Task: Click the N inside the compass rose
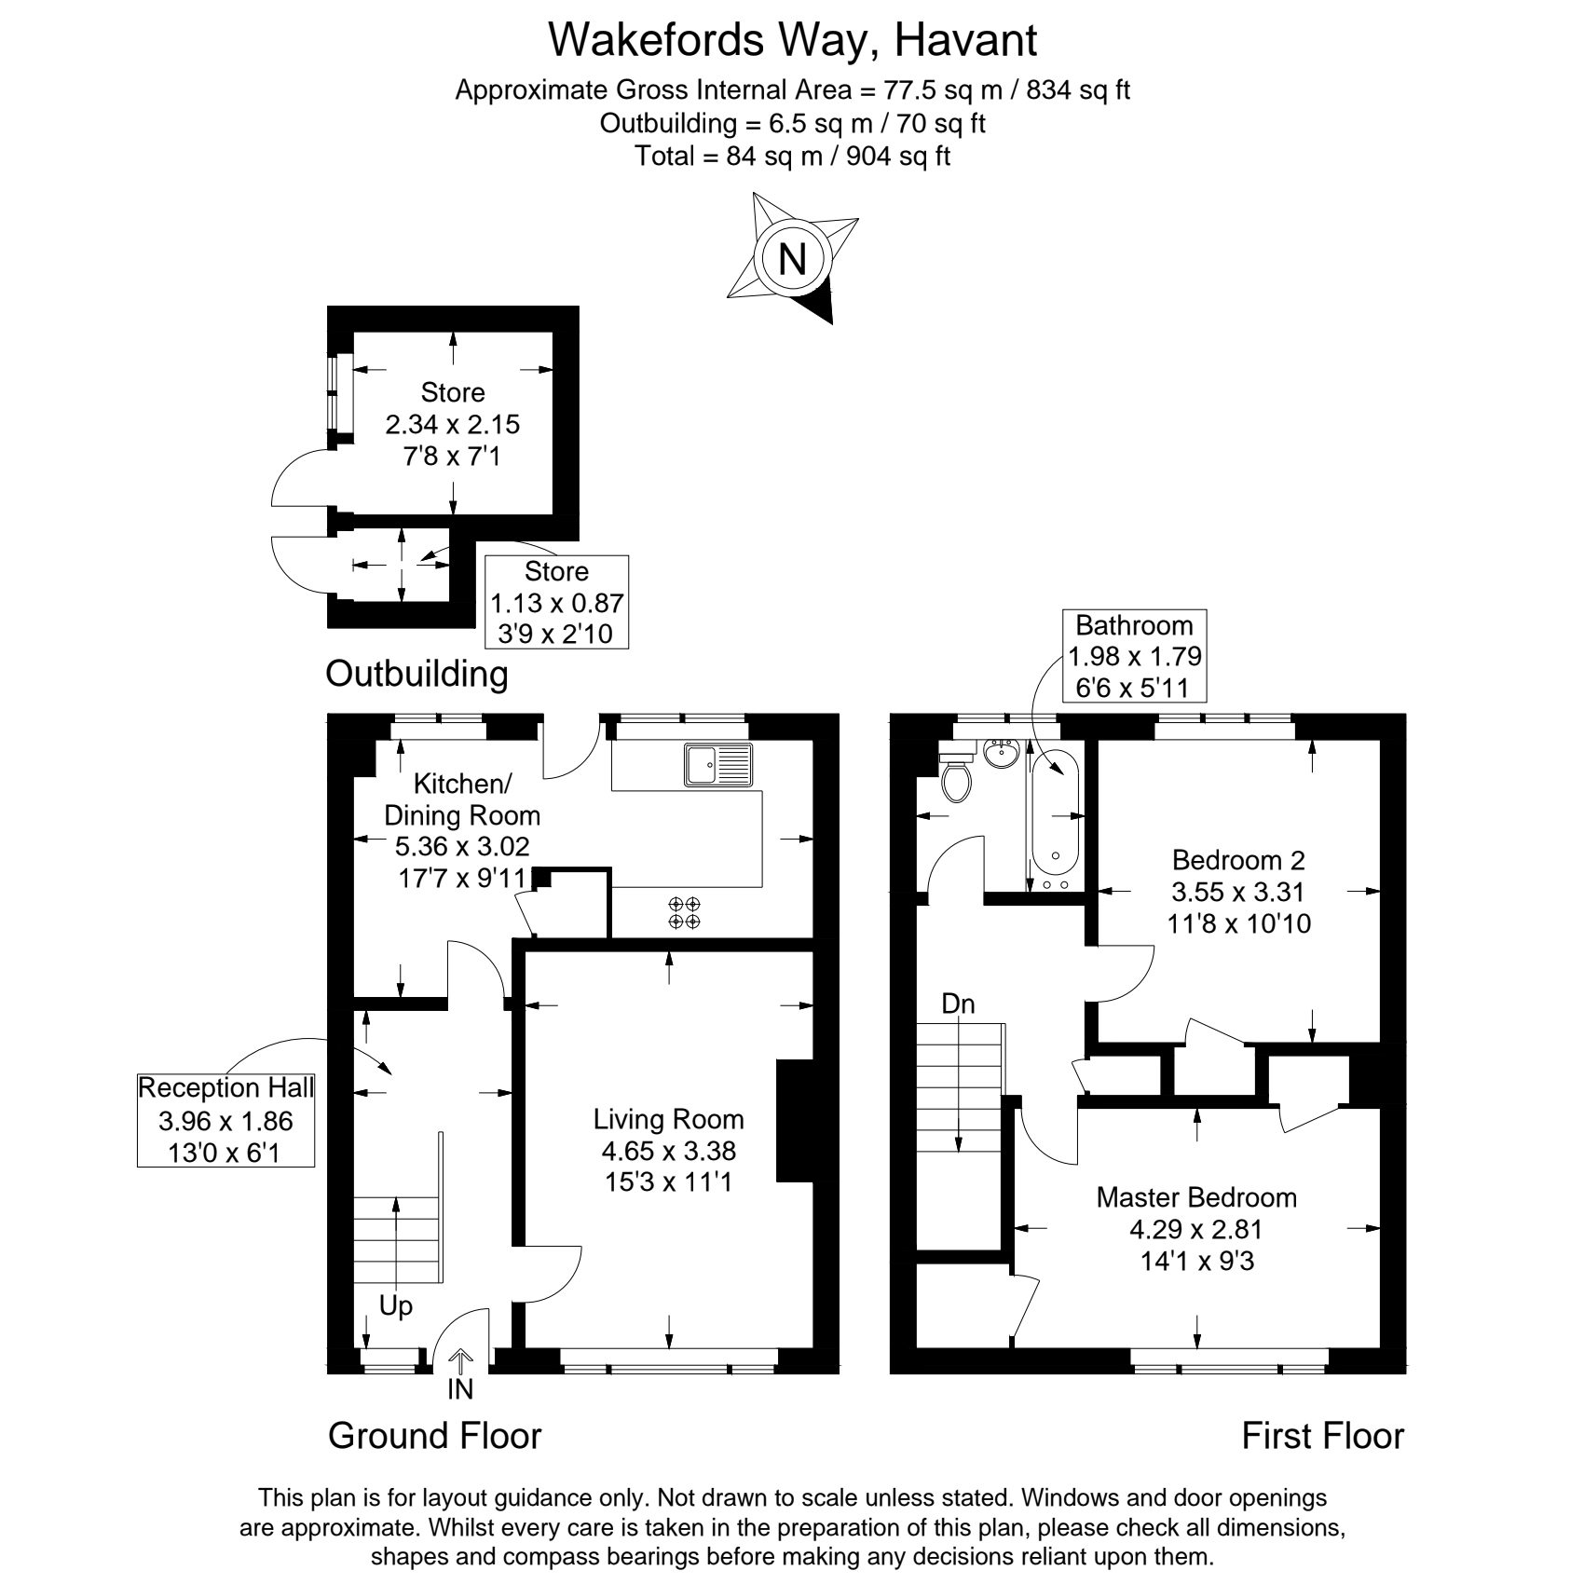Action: click(792, 257)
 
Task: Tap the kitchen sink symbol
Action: click(717, 765)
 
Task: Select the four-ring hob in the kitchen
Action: click(685, 912)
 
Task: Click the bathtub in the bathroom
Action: click(1056, 819)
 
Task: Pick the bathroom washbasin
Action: click(1002, 753)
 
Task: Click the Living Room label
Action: click(669, 1119)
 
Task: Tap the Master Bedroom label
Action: click(1196, 1197)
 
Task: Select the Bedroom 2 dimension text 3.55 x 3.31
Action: click(1237, 892)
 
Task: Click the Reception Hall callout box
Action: click(226, 1120)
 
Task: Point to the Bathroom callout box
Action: click(1134, 656)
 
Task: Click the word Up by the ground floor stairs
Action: click(395, 1307)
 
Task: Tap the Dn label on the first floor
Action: click(958, 1004)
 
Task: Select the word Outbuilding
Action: click(416, 674)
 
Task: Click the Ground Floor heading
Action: click(434, 1436)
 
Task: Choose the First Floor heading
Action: click(1322, 1436)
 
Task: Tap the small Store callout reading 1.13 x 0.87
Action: click(557, 602)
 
